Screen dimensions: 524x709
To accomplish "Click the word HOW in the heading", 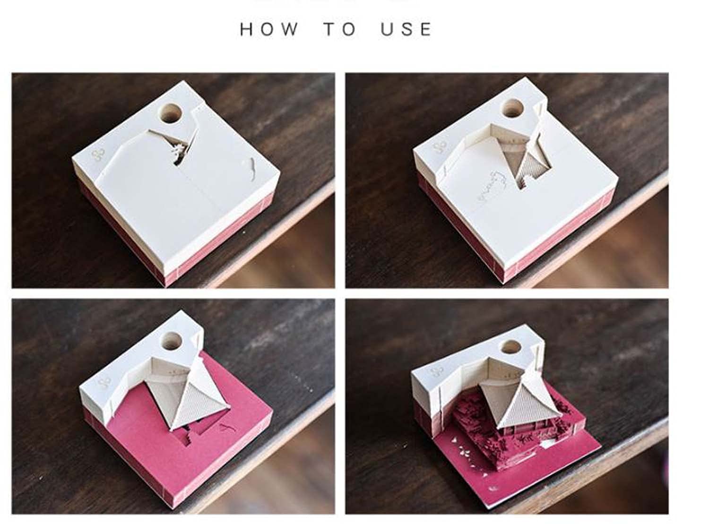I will click(269, 29).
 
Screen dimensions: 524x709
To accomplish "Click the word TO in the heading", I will click(339, 29).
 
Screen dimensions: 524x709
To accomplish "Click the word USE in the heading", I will click(406, 29).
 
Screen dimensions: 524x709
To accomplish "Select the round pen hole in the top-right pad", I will click(512, 108).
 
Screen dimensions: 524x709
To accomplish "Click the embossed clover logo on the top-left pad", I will click(99, 154).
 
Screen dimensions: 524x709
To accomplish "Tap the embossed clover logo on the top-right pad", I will click(441, 147).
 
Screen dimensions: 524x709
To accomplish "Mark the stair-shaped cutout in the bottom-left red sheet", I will click(187, 439).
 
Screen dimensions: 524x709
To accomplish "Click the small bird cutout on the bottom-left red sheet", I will click(226, 428).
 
